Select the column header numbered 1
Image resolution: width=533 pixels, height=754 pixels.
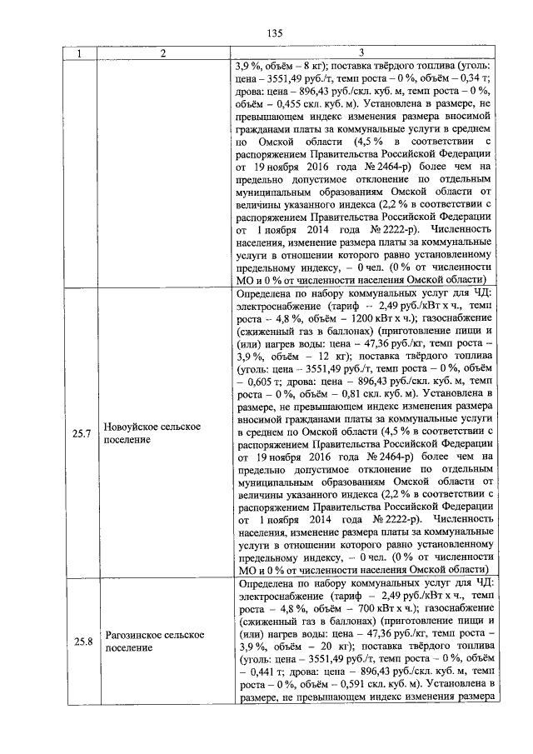click(x=80, y=54)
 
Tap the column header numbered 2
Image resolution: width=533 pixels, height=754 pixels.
click(x=162, y=54)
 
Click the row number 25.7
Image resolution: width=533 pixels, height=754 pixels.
click(x=81, y=432)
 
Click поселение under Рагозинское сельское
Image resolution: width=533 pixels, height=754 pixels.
click(x=128, y=647)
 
